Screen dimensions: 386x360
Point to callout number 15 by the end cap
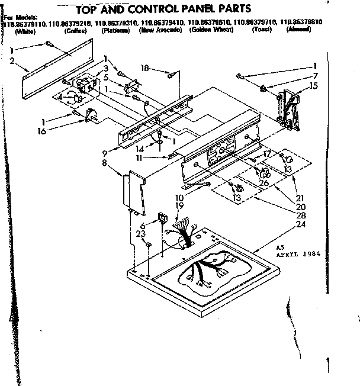(x=314, y=86)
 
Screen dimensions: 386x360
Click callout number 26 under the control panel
(x=264, y=182)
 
